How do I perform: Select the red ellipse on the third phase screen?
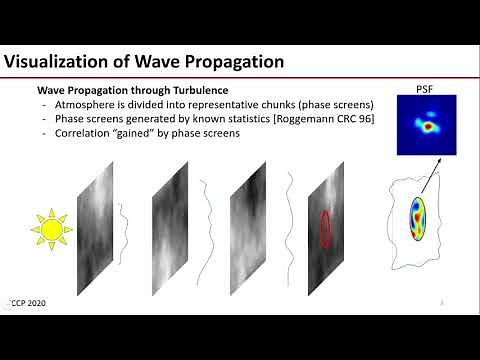tap(325, 228)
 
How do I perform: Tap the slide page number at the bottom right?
tap(442, 300)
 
